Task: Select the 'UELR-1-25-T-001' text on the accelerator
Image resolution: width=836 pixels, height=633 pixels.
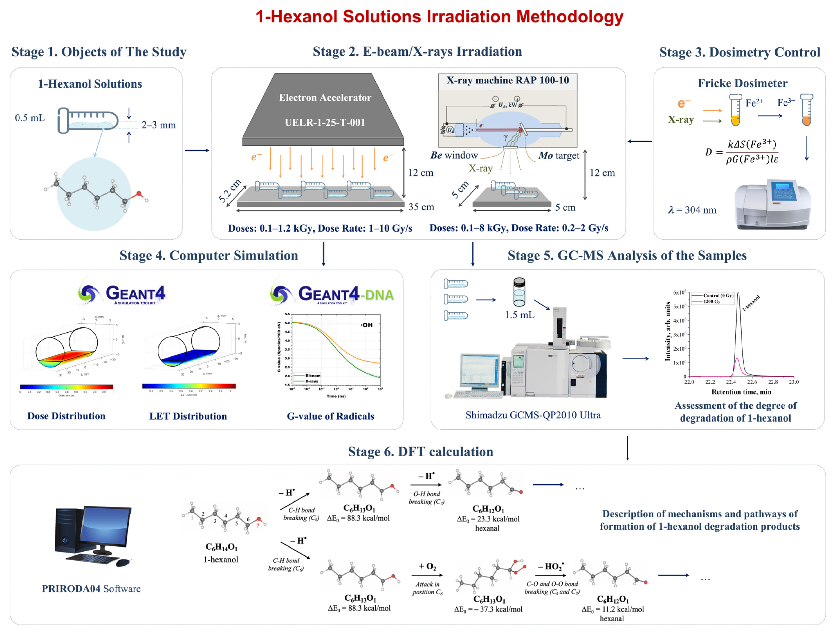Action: point(325,123)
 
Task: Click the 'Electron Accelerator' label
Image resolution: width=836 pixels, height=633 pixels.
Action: point(325,98)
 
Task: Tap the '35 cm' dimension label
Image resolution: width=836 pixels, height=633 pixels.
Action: point(421,207)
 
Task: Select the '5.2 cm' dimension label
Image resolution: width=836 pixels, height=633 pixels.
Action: point(230,191)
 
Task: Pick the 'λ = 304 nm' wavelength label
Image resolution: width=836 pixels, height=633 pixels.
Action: point(692,210)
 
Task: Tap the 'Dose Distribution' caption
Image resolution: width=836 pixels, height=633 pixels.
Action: point(66,416)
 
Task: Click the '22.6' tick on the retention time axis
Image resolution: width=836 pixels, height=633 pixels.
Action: point(752,382)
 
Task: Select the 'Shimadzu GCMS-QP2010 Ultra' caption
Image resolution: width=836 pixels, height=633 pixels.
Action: point(533,415)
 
